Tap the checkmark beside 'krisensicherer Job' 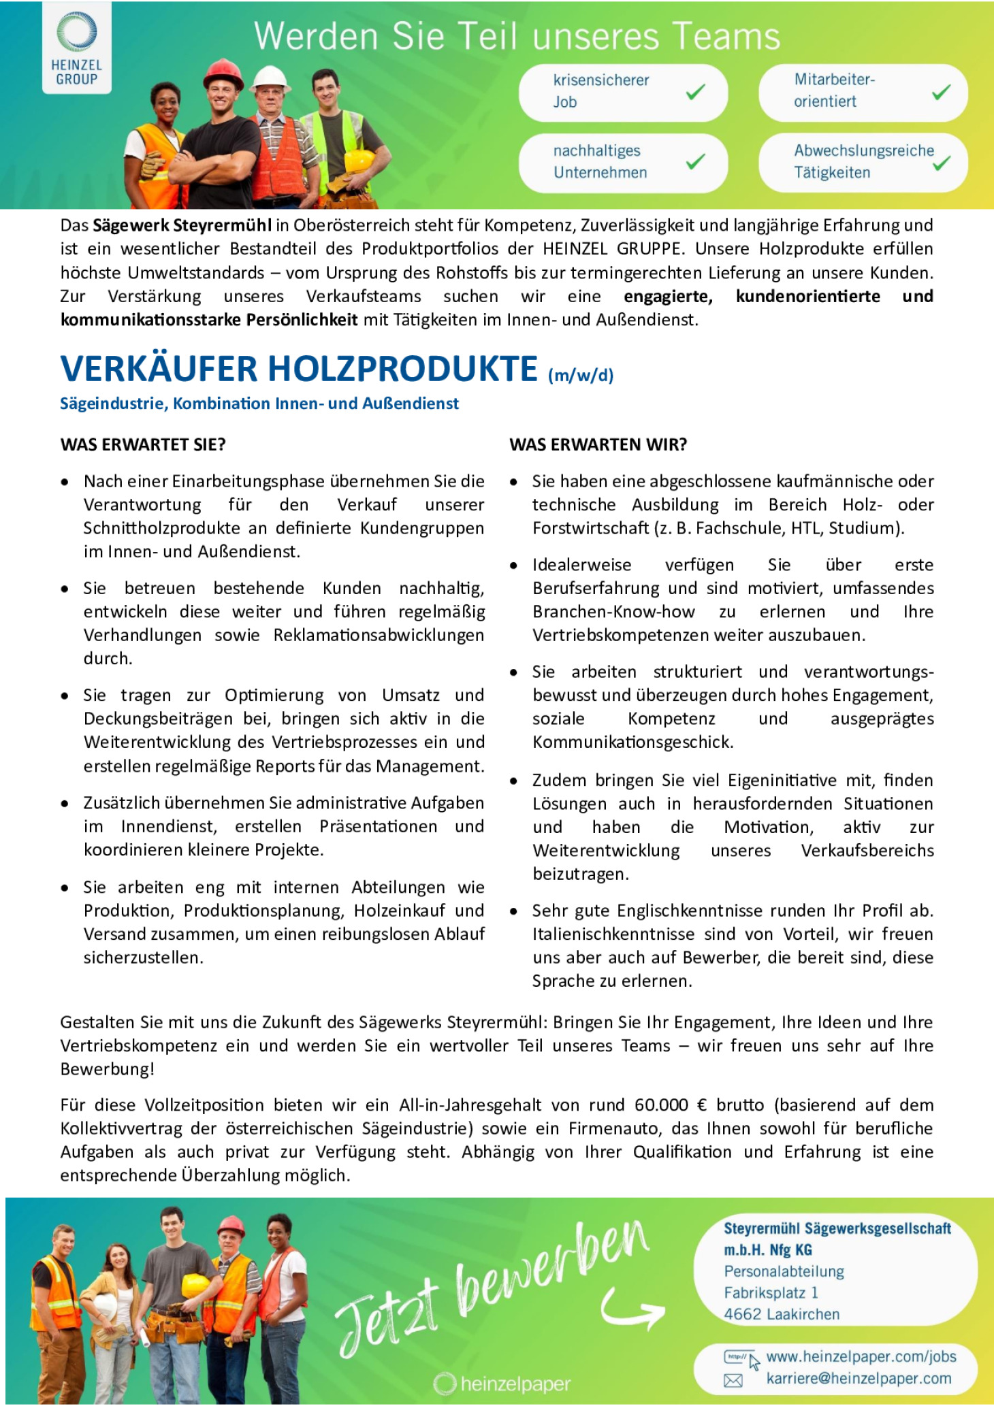click(695, 92)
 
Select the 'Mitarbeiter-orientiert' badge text click(834, 91)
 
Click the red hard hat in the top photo click(223, 73)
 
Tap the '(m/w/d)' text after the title click(581, 376)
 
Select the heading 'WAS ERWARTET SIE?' click(143, 445)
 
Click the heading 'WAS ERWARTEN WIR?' click(598, 445)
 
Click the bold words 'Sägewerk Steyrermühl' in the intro click(182, 225)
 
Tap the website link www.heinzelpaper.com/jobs click(861, 1356)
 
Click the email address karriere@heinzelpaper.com click(859, 1378)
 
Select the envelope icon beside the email click(733, 1380)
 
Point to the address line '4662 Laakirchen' click(782, 1314)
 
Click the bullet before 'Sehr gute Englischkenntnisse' click(515, 911)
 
